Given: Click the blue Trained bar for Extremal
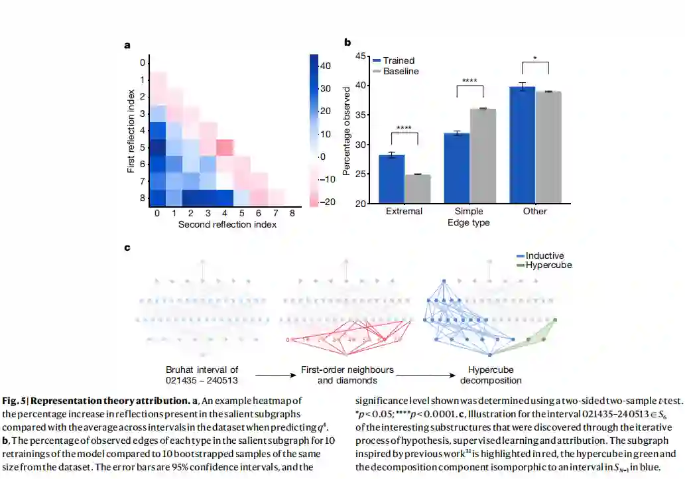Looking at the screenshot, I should click(x=391, y=179).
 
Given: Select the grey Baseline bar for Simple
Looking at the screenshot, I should click(x=483, y=156).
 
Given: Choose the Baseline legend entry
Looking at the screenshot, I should click(x=401, y=71).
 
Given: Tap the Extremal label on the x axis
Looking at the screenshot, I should click(x=405, y=211).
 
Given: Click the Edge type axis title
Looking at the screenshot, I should click(x=469, y=223).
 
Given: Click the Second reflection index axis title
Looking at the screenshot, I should click(x=227, y=225).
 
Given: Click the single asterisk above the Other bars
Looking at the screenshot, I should click(x=536, y=58).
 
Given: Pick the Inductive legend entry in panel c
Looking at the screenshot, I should click(x=544, y=256).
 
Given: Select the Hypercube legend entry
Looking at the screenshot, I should click(x=548, y=265).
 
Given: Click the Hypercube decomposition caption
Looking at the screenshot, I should click(x=489, y=375).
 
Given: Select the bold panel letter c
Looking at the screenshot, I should click(x=127, y=247).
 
